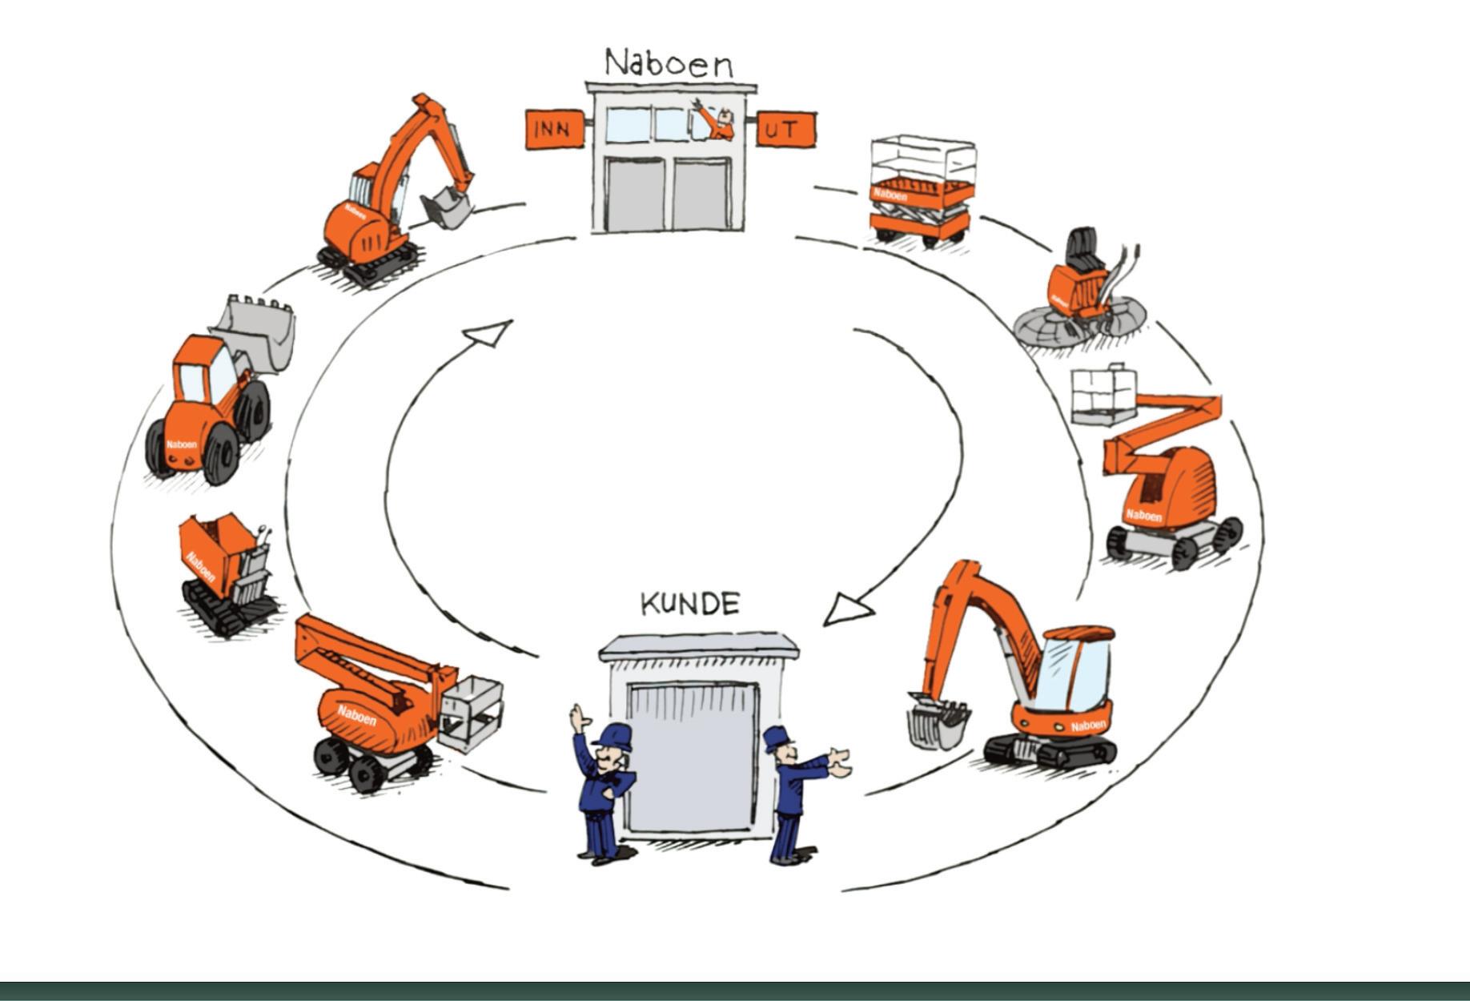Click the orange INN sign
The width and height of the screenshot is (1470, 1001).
pyautogui.click(x=553, y=130)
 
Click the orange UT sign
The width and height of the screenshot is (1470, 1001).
pyautogui.click(x=785, y=130)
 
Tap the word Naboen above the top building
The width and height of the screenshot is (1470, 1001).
pyautogui.click(x=669, y=63)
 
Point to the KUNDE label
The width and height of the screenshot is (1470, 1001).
pyautogui.click(x=690, y=604)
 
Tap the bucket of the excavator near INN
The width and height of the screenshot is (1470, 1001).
pyautogui.click(x=445, y=210)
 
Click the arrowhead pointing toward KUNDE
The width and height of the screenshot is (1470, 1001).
pyautogui.click(x=847, y=609)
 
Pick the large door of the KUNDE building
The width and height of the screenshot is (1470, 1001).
pyautogui.click(x=692, y=757)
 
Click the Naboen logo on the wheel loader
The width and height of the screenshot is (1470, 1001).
pyautogui.click(x=182, y=444)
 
